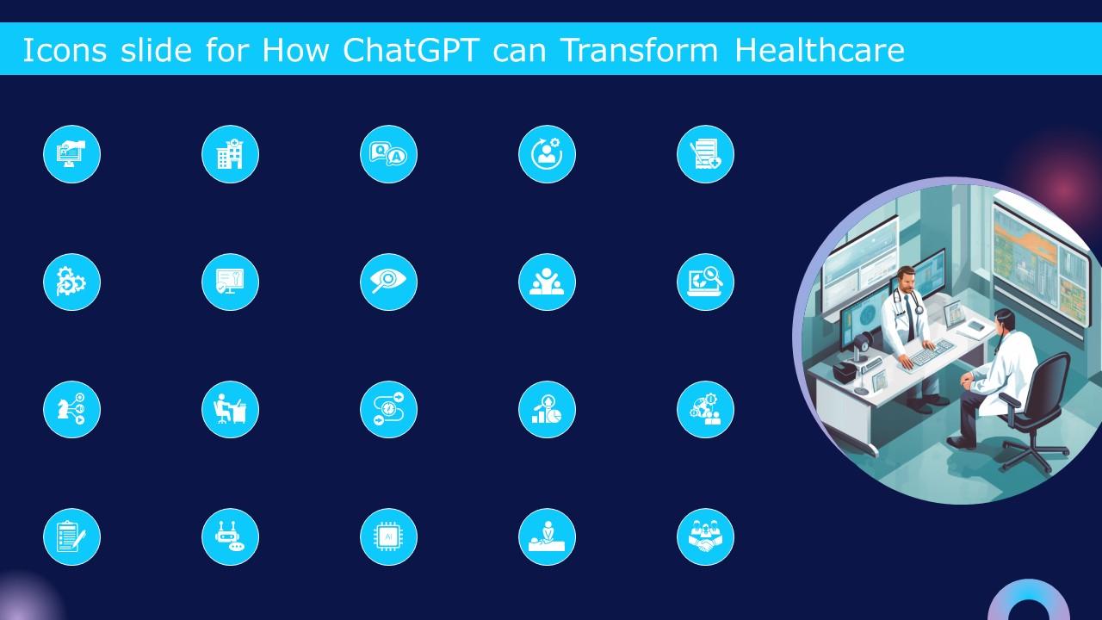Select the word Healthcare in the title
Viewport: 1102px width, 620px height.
pyautogui.click(x=819, y=51)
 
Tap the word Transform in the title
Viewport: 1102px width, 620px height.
pyautogui.click(x=638, y=51)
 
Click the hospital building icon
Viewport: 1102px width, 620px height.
pyautogui.click(x=230, y=155)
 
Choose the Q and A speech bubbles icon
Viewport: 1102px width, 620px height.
pyautogui.click(x=388, y=155)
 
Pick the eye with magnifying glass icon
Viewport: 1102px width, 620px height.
pyautogui.click(x=388, y=282)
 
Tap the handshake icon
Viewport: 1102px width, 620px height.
pyautogui.click(x=705, y=537)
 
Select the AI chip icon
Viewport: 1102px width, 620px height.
pyautogui.click(x=388, y=537)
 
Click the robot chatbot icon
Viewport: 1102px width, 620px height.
pyautogui.click(x=230, y=537)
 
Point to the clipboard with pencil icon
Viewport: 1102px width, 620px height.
pyautogui.click(x=71, y=537)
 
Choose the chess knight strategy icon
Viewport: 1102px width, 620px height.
pyautogui.click(x=71, y=409)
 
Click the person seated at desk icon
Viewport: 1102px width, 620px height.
pyautogui.click(x=230, y=409)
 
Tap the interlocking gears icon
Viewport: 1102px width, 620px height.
pyautogui.click(x=71, y=282)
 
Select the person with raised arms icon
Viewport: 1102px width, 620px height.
pyautogui.click(x=547, y=282)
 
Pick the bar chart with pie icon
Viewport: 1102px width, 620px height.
pyautogui.click(x=547, y=409)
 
